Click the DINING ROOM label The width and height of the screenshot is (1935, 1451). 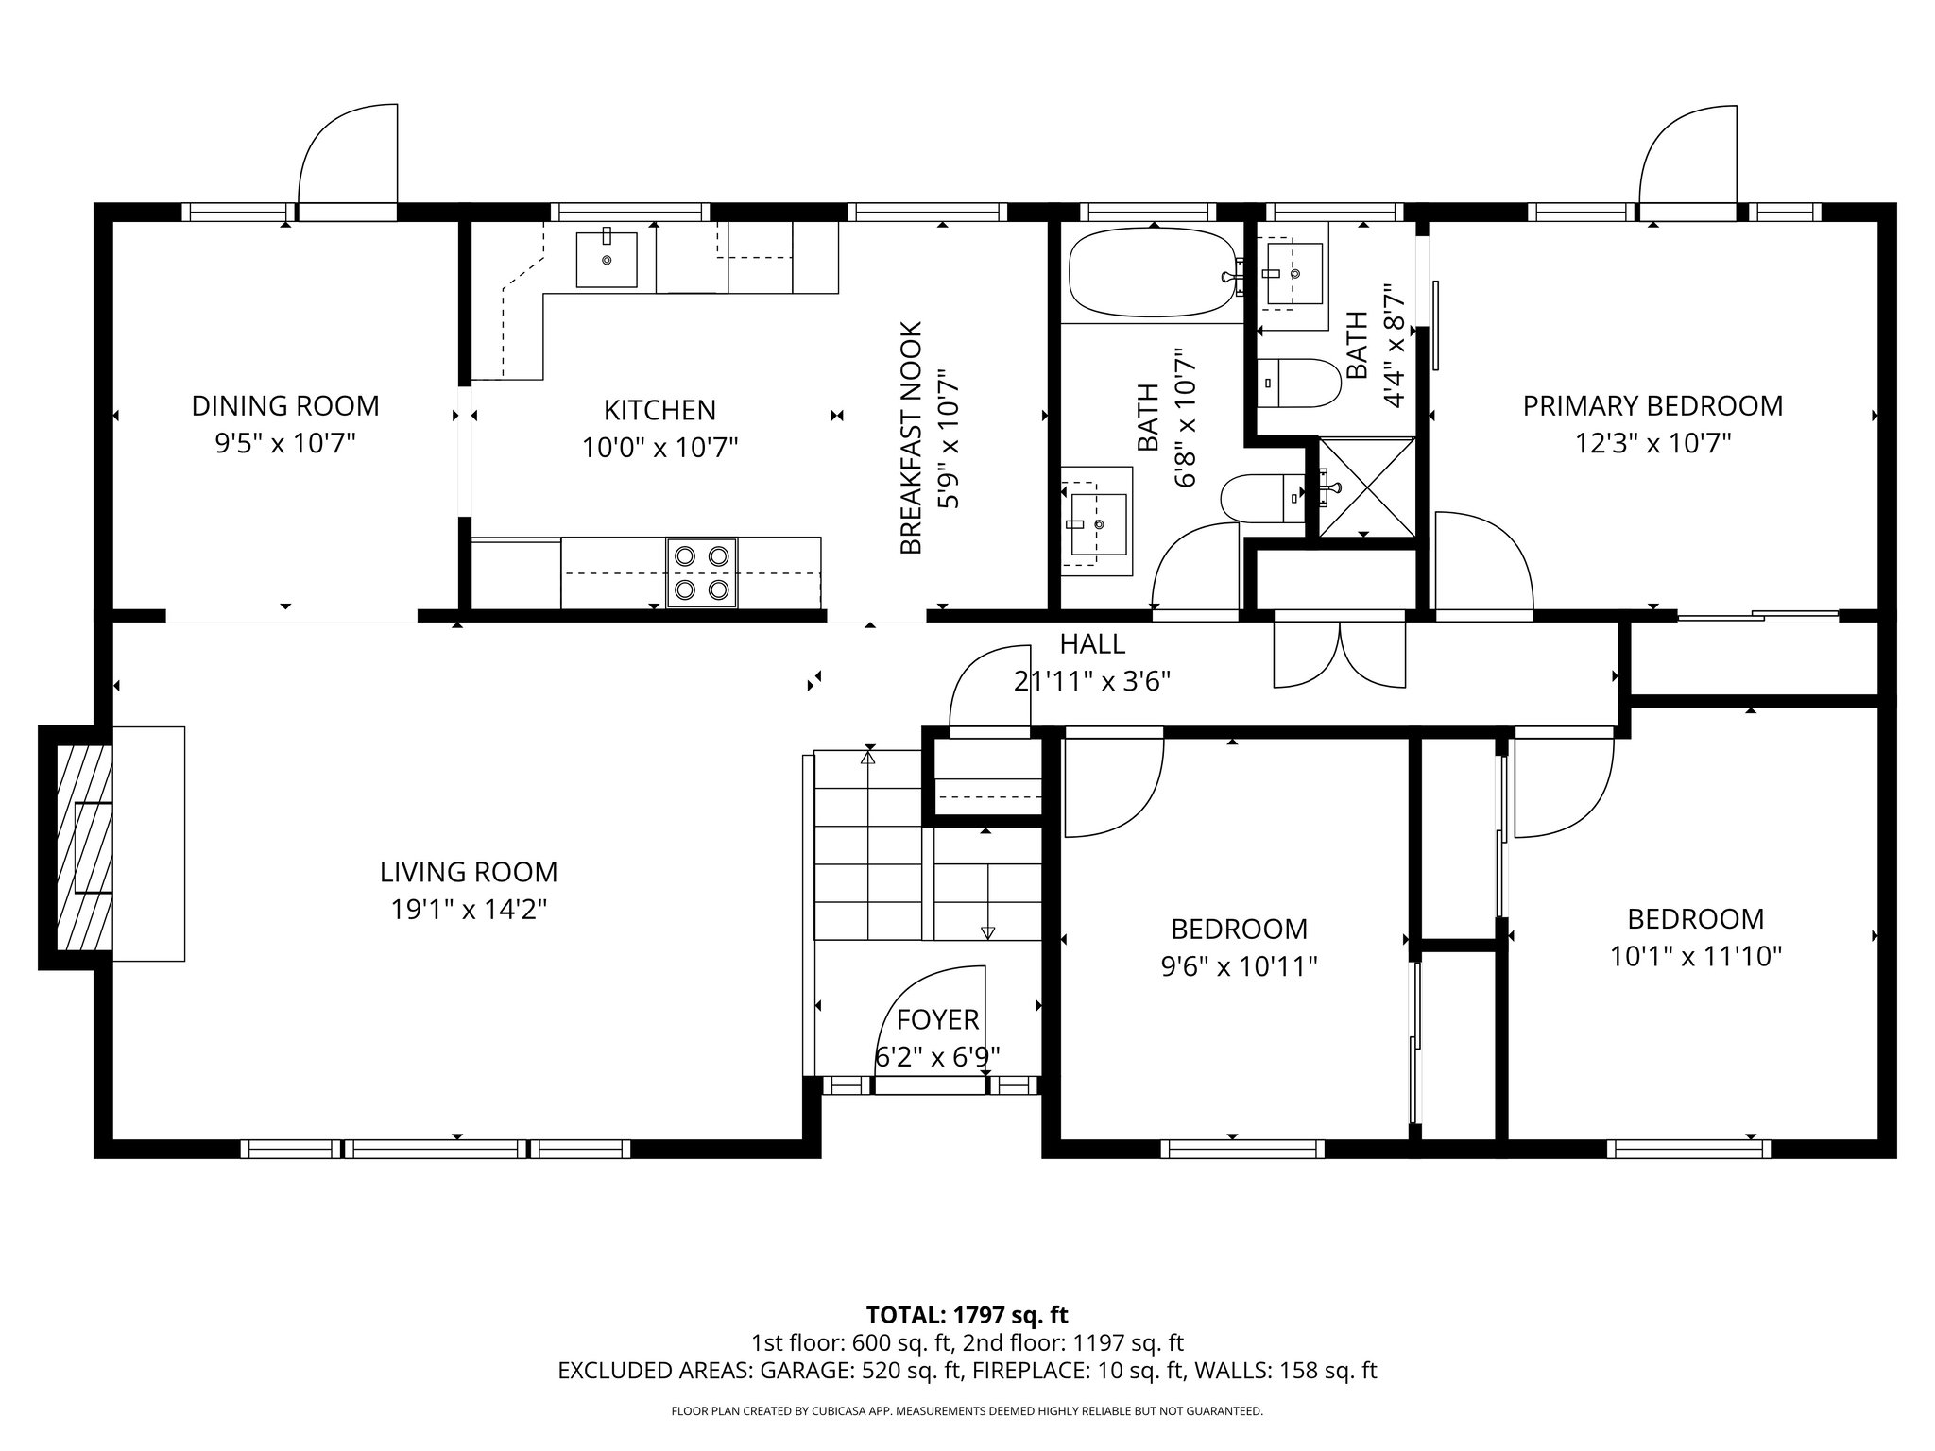(285, 406)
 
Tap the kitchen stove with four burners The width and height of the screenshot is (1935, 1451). (701, 572)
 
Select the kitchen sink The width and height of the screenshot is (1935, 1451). (607, 259)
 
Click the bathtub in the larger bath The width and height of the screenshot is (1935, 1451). (1152, 273)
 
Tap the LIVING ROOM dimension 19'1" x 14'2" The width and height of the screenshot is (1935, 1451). (469, 910)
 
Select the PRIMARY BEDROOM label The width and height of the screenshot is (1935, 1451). (1652, 406)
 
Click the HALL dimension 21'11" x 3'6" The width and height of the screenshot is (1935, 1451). (1092, 681)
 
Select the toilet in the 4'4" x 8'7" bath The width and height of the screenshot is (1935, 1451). (1301, 382)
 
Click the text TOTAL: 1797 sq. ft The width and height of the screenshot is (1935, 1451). (967, 1315)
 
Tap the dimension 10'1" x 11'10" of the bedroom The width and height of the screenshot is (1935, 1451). (1695, 957)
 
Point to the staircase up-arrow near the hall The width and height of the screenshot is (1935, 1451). (868, 756)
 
